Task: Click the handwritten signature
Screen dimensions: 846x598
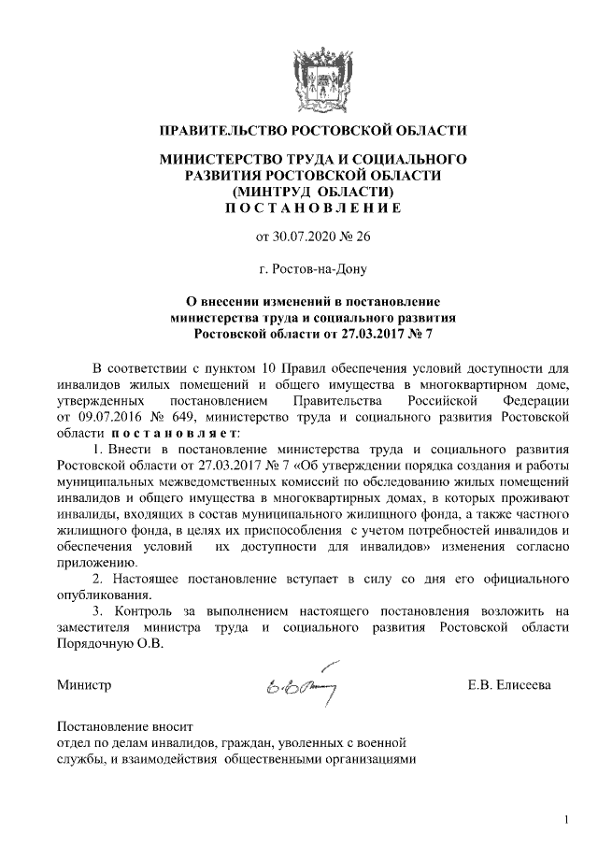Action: tap(307, 685)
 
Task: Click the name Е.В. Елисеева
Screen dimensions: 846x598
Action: tap(509, 685)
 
